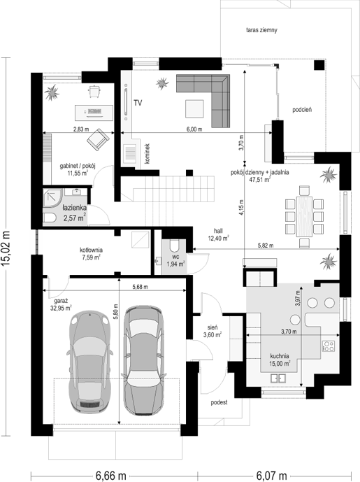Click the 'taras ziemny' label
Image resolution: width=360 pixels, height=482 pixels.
tap(261, 30)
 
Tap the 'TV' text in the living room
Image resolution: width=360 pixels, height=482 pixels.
tap(138, 103)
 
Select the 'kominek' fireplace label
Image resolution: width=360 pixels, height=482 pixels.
tap(147, 153)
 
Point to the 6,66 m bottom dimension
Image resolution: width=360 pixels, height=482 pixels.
tap(111, 476)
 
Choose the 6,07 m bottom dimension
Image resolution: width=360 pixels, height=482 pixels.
tap(271, 476)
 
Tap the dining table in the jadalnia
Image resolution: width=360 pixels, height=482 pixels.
tap(304, 216)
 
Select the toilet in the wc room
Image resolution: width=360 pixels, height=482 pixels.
tap(175, 246)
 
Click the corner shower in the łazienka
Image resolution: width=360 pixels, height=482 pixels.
tap(53, 198)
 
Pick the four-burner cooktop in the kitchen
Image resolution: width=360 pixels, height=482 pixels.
tap(329, 346)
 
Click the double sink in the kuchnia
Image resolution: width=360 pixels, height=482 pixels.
tap(279, 378)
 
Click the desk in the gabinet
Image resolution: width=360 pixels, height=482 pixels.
tap(94, 113)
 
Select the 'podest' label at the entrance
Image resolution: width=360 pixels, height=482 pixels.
tap(219, 402)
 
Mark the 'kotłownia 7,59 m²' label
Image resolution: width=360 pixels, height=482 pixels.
tap(92, 254)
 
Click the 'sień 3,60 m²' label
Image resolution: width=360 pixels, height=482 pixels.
tap(213, 331)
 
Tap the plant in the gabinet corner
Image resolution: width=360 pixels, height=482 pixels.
tap(52, 92)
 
